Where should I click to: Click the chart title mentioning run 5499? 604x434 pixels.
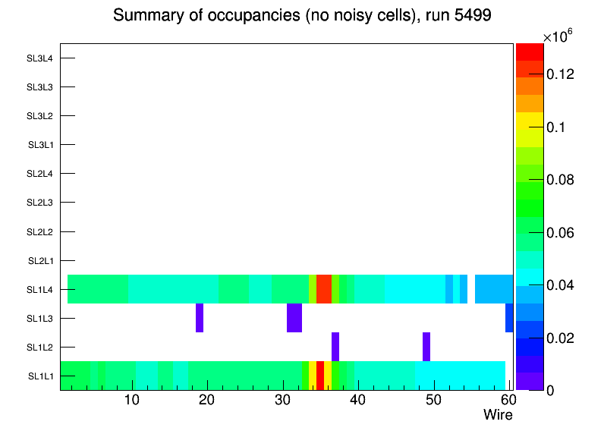[x=303, y=16]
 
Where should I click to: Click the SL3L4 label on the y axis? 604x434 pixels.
[x=40, y=58]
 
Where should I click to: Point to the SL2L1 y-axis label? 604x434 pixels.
[x=40, y=261]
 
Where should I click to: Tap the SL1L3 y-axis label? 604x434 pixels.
[x=40, y=319]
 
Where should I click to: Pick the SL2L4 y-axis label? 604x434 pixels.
[x=40, y=174]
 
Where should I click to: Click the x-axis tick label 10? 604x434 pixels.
[x=132, y=400]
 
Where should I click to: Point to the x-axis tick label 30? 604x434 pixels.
[x=282, y=400]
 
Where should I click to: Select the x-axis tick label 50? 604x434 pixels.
[x=433, y=400]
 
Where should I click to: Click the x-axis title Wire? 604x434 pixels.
[x=498, y=415]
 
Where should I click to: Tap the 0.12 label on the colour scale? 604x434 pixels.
[x=562, y=74]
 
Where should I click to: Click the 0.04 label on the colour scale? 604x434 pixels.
[x=562, y=285]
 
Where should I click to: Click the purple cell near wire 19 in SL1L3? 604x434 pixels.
[x=200, y=318]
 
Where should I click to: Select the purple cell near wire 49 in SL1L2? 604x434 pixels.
[x=426, y=347]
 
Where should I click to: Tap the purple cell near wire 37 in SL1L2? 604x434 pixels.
[x=335, y=347]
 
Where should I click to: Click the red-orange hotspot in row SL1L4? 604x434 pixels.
[x=324, y=289]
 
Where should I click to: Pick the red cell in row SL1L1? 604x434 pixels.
[x=320, y=376]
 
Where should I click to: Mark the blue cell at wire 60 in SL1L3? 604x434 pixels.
[x=509, y=318]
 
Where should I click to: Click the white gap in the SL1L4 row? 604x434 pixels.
[x=471, y=289]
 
